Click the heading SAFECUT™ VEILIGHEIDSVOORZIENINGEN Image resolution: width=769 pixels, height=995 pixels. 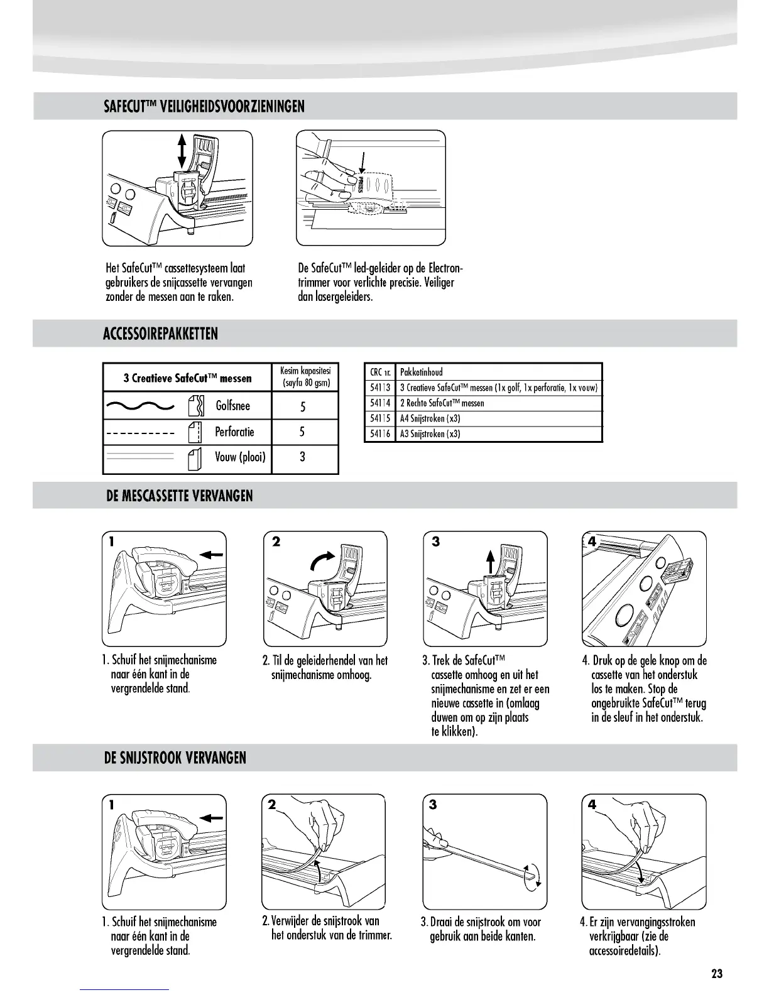click(x=204, y=106)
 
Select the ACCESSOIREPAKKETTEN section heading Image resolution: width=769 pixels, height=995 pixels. click(x=160, y=334)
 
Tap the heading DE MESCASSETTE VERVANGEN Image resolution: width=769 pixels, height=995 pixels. click(x=179, y=496)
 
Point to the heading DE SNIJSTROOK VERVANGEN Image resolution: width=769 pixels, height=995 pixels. click(x=175, y=758)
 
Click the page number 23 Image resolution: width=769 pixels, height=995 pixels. click(x=717, y=974)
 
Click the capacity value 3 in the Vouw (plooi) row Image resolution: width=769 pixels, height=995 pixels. click(x=303, y=457)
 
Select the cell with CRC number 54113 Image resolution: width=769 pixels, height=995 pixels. click(x=380, y=388)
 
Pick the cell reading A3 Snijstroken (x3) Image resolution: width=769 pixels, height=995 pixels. click(x=430, y=433)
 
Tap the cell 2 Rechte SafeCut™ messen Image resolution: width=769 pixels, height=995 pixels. click(x=442, y=403)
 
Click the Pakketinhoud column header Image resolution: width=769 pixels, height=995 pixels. click(x=422, y=372)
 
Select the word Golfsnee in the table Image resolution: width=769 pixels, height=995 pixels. click(x=232, y=406)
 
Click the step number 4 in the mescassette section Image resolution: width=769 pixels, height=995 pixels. click(x=591, y=541)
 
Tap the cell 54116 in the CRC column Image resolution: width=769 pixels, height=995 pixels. click(x=380, y=433)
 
